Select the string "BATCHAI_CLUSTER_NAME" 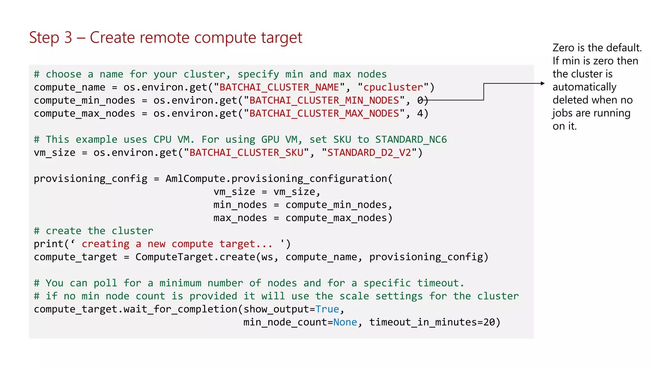click(279, 87)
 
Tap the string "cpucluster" click(393, 87)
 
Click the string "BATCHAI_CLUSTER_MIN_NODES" click(324, 100)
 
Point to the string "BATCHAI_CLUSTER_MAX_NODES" click(324, 113)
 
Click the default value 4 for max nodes click(420, 113)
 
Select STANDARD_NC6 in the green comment click(411, 140)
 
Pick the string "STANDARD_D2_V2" click(369, 153)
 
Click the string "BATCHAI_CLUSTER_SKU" click(246, 153)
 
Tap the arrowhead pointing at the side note click(543, 83)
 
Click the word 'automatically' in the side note click(585, 87)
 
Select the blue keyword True click(327, 309)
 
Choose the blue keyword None click(345, 322)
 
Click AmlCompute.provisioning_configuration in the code click(276, 179)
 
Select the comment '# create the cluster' click(94, 231)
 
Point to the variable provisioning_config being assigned click(91, 179)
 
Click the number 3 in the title click(68, 38)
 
